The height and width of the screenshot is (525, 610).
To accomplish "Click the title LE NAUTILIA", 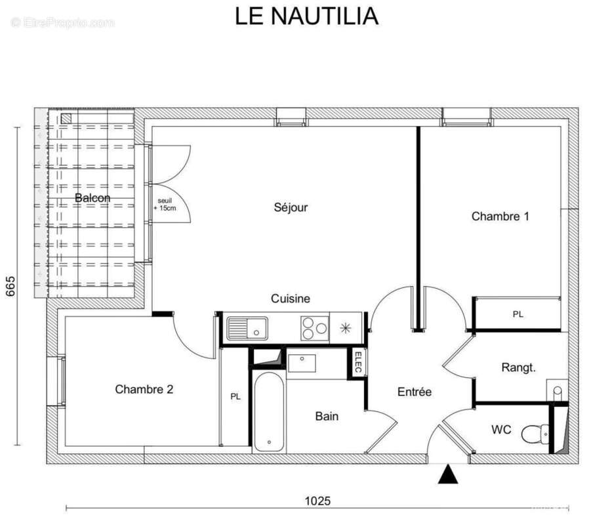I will [306, 16].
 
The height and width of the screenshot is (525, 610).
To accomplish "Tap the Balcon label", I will [92, 198].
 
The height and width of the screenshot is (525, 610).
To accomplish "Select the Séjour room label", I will [291, 207].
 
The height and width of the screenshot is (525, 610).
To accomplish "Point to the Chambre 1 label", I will [500, 216].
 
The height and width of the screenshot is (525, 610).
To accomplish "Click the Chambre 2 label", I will [144, 389].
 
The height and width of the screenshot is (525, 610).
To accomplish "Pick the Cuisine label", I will [291, 299].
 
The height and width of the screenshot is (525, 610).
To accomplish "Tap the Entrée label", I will [415, 392].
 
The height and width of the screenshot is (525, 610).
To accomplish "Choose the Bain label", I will [327, 416].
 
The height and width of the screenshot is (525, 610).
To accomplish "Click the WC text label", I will [501, 430].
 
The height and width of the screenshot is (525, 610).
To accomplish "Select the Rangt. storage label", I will [518, 367].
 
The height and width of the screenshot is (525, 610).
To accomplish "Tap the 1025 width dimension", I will [317, 501].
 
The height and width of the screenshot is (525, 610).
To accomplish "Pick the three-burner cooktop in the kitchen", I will [315, 327].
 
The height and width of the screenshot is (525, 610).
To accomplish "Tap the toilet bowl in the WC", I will [535, 433].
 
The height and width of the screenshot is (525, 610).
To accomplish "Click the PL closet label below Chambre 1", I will [518, 314].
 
